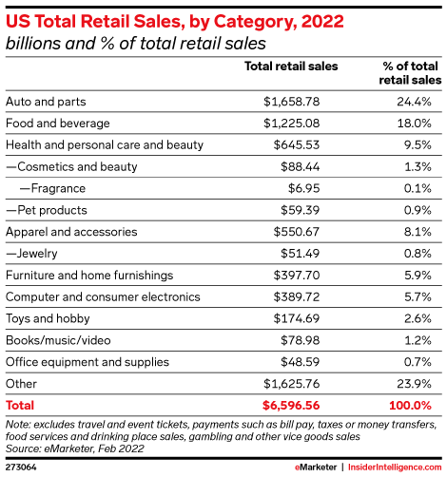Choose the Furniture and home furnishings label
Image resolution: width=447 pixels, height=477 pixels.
pos(89,276)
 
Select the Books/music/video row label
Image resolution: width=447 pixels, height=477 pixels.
pos(56,341)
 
